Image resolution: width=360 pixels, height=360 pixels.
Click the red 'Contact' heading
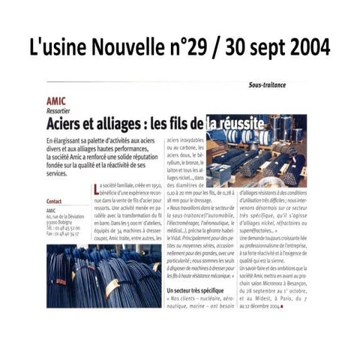tap(54, 201)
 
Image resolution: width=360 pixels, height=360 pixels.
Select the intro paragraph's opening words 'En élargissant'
tap(64, 142)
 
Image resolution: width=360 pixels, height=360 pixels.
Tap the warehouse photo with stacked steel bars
tap(265, 153)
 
